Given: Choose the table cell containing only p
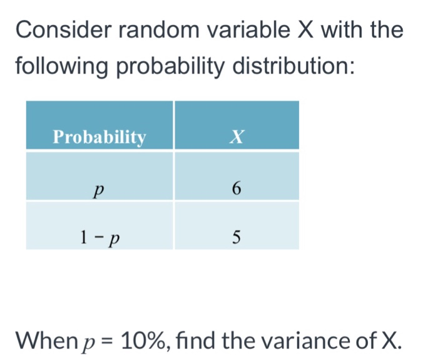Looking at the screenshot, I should tap(99, 187).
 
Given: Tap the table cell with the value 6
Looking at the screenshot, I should tap(236, 187).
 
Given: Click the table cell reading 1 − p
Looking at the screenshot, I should tap(99, 237).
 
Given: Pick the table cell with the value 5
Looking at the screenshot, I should tap(236, 237).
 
